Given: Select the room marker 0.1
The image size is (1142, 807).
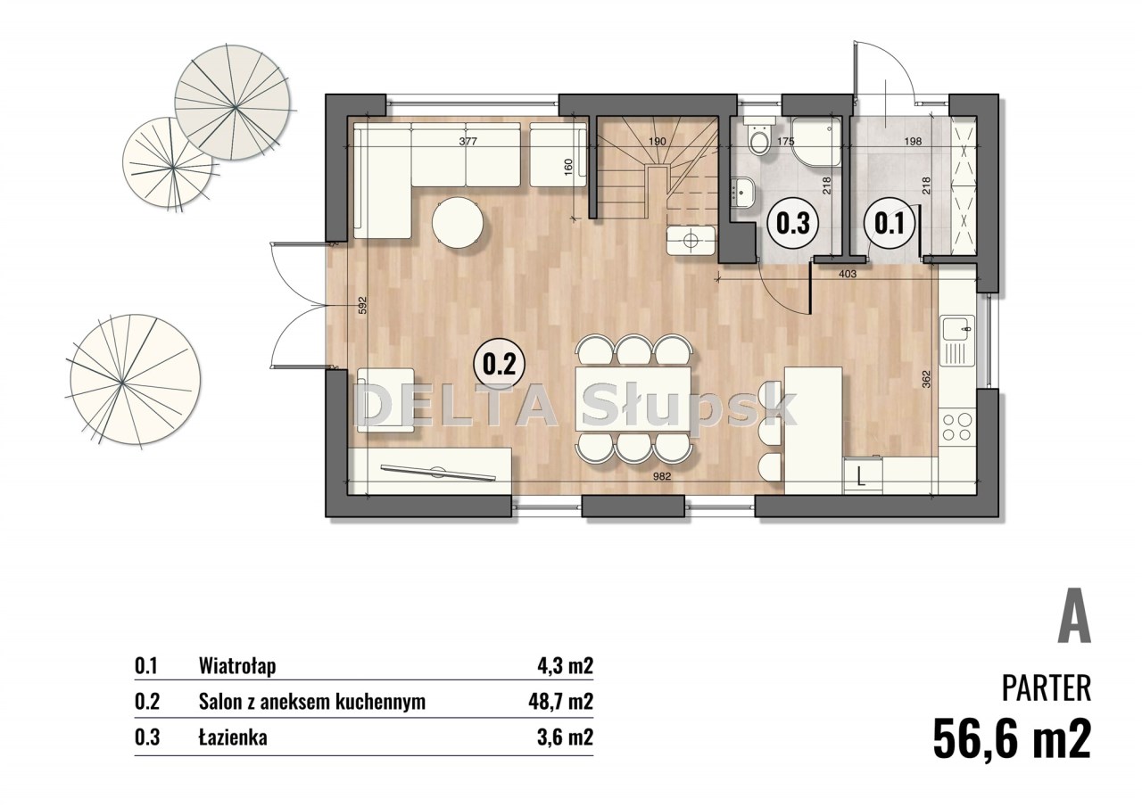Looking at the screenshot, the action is pyautogui.click(x=889, y=223).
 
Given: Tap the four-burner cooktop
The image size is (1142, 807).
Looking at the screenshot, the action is pyautogui.click(x=957, y=427).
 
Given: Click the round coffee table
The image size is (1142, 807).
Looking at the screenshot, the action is pyautogui.click(x=458, y=224).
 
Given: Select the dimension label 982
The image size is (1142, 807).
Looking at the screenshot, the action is pyautogui.click(x=661, y=477).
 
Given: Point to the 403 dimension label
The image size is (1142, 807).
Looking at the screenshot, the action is pyautogui.click(x=848, y=274).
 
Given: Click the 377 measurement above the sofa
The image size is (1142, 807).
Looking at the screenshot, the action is pyautogui.click(x=468, y=141).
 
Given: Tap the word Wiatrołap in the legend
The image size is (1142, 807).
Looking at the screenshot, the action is pyautogui.click(x=237, y=666).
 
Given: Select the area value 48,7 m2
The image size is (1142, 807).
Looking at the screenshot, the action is pyautogui.click(x=560, y=702).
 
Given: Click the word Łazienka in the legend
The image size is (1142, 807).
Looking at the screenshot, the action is pyautogui.click(x=233, y=737).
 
